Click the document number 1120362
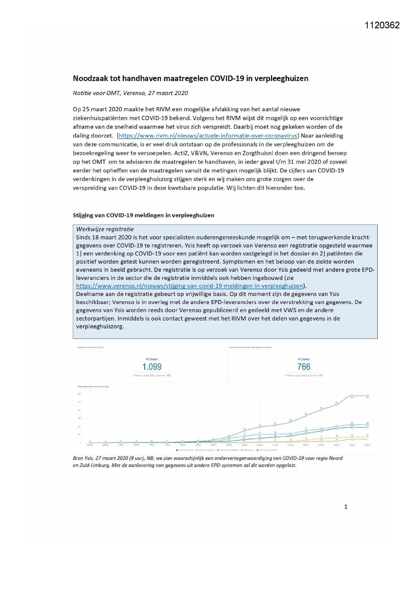click(x=382, y=25)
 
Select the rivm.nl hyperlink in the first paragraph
click(x=208, y=136)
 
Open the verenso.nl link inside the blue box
click(x=189, y=286)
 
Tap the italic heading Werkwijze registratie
click(x=105, y=229)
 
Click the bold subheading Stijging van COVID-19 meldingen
click(x=143, y=215)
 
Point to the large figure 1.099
click(x=152, y=367)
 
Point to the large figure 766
click(x=304, y=367)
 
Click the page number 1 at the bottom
click(x=346, y=507)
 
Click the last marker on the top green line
click(x=367, y=396)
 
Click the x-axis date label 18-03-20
click(x=229, y=445)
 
